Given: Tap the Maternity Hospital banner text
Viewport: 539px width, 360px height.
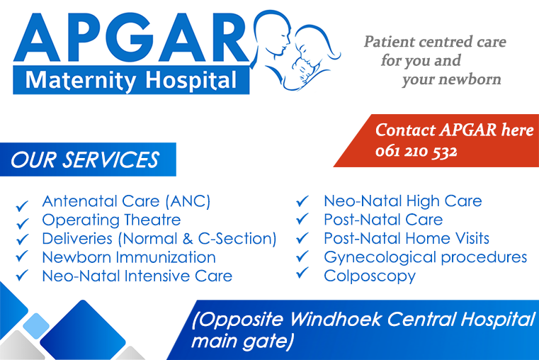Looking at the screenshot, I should [131, 80].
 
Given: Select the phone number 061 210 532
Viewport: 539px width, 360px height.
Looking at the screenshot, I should [416, 152].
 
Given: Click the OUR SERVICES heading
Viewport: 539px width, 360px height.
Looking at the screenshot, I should [85, 159].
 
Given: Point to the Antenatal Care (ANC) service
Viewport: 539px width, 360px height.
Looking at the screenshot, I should [126, 201].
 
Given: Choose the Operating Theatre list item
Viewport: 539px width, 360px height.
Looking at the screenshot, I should [111, 220].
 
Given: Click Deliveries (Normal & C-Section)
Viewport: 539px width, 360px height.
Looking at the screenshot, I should [159, 239].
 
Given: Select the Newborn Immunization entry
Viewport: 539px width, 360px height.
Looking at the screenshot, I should [129, 257].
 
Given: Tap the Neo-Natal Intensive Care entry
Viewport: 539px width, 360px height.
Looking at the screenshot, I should [137, 276].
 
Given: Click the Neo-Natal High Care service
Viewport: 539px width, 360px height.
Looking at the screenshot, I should [402, 201].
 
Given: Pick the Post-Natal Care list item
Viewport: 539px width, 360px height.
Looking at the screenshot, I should [383, 220].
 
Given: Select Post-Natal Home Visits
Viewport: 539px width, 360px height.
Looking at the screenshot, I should [407, 239].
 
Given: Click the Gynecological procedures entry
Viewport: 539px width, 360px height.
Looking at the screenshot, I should [425, 257].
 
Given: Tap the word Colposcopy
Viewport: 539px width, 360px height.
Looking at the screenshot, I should [370, 276].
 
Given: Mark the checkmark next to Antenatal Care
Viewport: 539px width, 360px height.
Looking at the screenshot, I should [22, 206].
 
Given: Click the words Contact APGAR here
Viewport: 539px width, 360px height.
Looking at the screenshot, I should [454, 130].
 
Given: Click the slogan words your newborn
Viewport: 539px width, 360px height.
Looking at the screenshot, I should [451, 79].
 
